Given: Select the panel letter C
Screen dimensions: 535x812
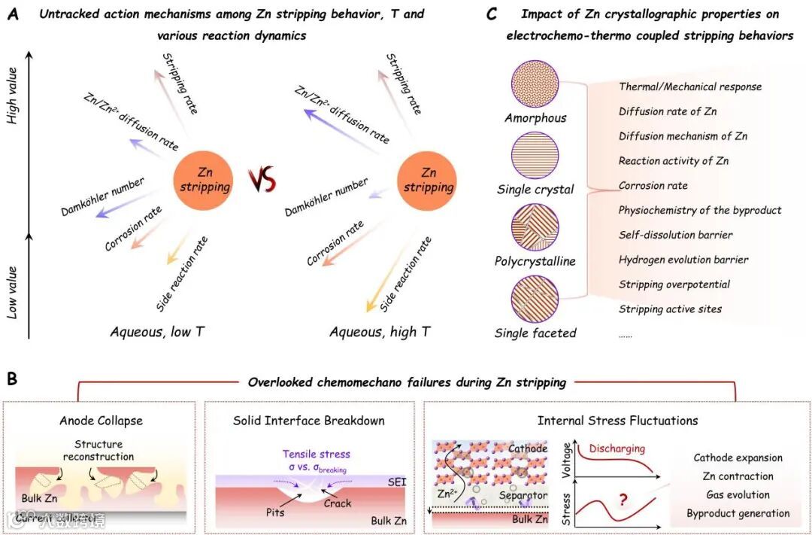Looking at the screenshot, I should click(491, 15).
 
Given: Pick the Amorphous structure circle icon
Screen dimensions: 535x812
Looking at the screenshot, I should click(535, 85).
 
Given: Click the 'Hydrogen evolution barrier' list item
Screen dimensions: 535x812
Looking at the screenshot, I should click(683, 260).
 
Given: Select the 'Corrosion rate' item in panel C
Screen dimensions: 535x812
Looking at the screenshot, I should click(653, 185).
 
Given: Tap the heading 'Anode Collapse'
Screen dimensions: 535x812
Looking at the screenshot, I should click(101, 421).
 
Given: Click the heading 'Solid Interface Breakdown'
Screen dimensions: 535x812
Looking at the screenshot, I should click(309, 421).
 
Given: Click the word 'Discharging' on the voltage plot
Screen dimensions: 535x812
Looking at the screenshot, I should click(617, 448).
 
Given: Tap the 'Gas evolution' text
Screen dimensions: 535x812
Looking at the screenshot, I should click(738, 494).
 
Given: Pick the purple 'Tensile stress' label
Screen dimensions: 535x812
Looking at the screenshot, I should click(317, 454).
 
